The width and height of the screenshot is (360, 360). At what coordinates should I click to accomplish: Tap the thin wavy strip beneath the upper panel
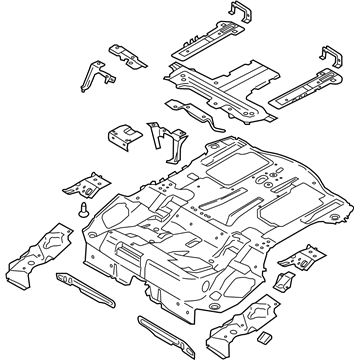(195, 112)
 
